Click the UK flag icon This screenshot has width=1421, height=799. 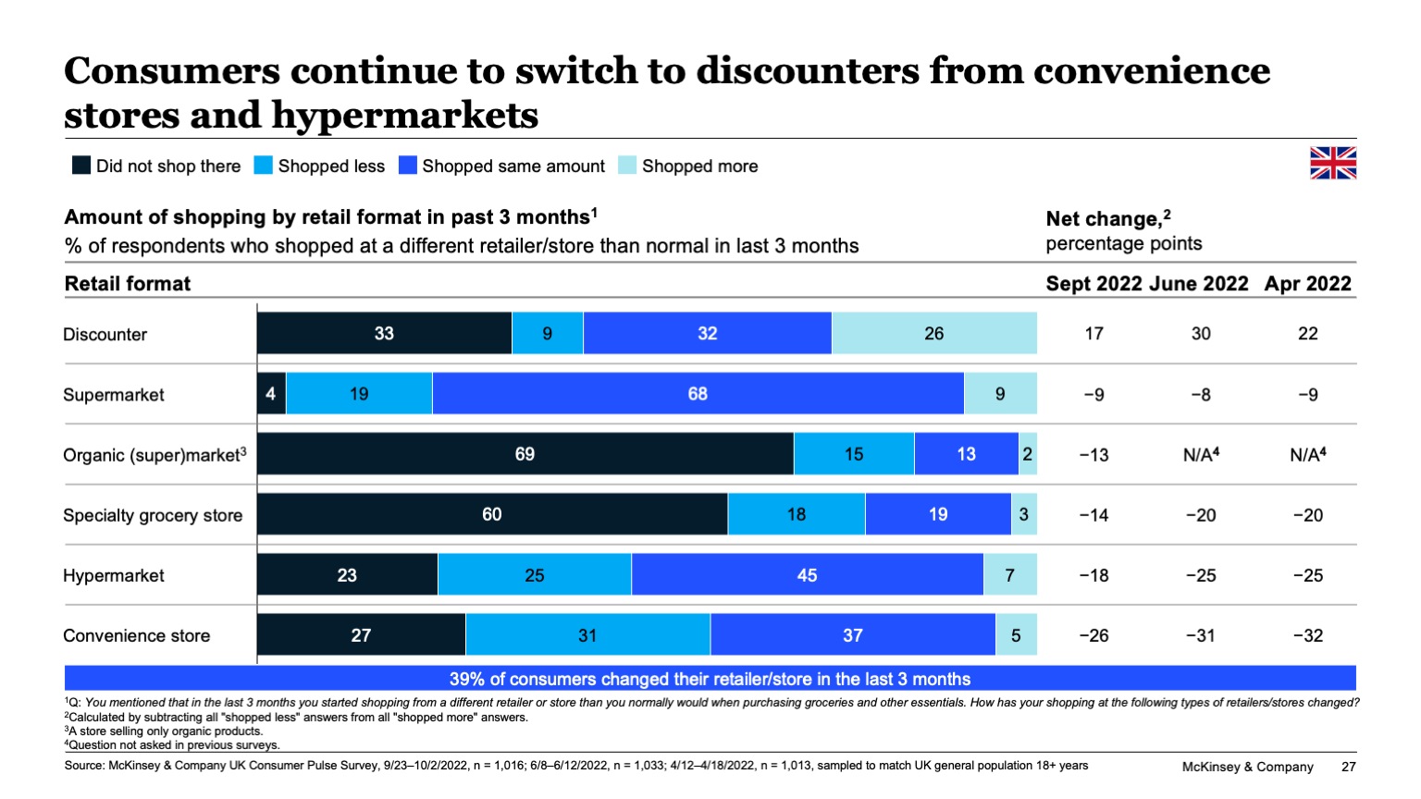pos(1332,163)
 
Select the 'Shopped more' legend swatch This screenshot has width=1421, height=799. pos(627,166)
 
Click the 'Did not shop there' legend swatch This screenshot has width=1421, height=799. pos(81,166)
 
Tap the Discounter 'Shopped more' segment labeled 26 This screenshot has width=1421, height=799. pos(933,333)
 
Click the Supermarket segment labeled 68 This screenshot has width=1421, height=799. pos(698,394)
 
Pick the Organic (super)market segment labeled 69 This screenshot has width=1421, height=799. pos(525,454)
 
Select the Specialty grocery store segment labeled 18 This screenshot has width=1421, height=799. pos(796,514)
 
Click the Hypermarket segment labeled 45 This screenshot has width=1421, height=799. pos(807,575)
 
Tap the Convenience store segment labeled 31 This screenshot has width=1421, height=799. pos(587,635)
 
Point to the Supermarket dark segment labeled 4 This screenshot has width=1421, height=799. pos(271,394)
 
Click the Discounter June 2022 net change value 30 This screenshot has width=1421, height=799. pos(1200,333)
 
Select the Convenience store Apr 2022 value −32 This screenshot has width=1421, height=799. pos(1307,635)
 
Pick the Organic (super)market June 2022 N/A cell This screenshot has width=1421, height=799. pos(1201,454)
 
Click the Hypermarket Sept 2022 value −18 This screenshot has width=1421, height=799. pos(1094,575)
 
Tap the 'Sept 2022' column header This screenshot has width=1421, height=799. pos(1094,284)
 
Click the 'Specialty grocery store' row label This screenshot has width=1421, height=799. pos(153,515)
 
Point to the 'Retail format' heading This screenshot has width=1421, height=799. pos(128,284)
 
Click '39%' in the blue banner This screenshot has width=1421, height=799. pos(466,679)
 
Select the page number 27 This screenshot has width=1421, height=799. pos(1348,767)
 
